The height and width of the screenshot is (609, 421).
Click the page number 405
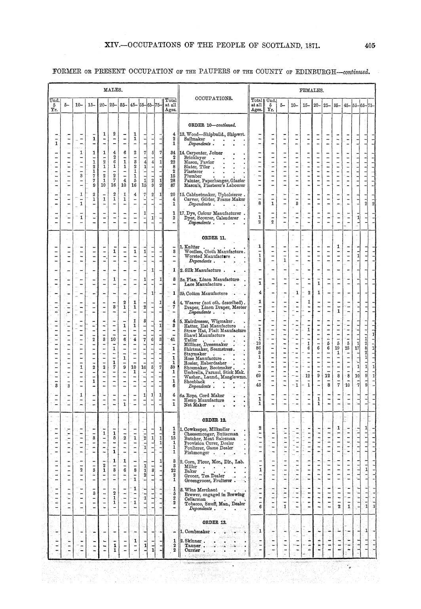click(370, 46)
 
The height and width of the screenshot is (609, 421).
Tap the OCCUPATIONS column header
click(212, 97)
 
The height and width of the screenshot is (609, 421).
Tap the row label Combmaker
click(197, 531)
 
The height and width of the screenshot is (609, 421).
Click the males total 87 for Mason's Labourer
click(173, 185)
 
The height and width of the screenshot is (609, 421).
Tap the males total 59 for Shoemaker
click(173, 367)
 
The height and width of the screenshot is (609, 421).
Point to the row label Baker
click(191, 471)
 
